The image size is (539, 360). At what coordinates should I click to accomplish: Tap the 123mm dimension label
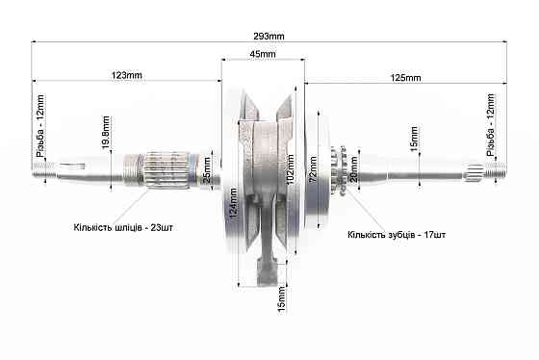tap(127, 74)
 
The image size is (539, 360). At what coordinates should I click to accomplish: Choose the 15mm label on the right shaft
tap(414, 141)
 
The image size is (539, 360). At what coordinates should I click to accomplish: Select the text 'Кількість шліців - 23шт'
tap(123, 228)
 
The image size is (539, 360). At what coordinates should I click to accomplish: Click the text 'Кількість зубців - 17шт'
tap(396, 234)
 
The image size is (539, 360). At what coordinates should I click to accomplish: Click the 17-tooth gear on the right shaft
tap(338, 171)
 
